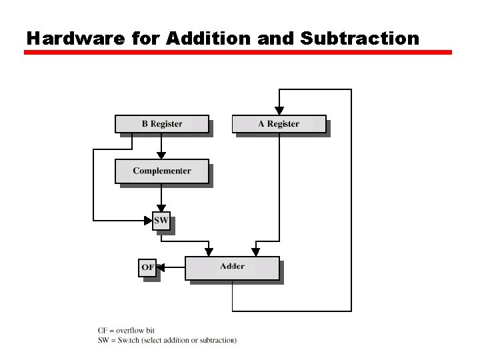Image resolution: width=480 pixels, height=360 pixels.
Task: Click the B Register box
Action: click(x=162, y=124)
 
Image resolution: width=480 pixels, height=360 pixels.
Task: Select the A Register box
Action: click(x=279, y=124)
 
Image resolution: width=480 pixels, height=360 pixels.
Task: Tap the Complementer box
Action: click(x=162, y=171)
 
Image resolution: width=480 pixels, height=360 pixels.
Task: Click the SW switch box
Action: click(x=161, y=221)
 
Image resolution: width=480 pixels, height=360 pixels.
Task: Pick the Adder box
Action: click(x=232, y=267)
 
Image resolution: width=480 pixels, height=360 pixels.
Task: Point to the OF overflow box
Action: click(x=147, y=267)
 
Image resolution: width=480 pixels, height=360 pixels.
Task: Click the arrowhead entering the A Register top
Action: click(x=279, y=111)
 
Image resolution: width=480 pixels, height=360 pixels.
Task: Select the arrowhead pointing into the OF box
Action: click(x=161, y=267)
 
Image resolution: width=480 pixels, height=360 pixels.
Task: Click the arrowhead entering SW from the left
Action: click(x=149, y=220)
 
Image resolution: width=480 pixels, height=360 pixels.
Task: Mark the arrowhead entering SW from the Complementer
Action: click(x=161, y=208)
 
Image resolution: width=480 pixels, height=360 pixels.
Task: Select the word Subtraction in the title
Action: click(x=360, y=38)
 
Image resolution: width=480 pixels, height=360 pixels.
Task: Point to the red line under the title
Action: click(x=238, y=52)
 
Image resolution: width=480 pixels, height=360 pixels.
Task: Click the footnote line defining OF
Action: click(x=127, y=330)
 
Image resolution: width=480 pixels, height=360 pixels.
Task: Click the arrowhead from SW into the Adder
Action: click(x=209, y=252)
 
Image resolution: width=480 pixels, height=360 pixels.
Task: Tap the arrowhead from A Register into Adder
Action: click(x=255, y=252)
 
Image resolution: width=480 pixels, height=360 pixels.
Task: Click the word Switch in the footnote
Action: click(x=129, y=340)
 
